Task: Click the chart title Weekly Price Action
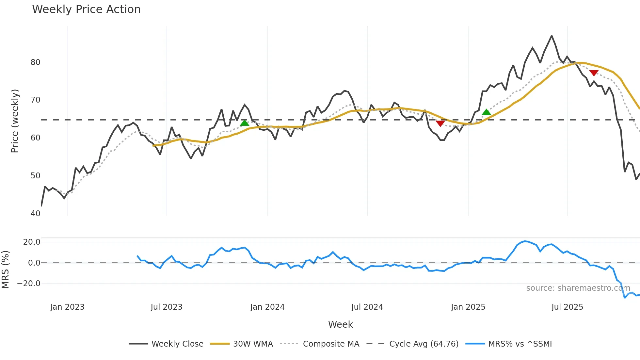86,9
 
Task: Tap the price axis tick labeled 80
35,62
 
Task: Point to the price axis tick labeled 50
35,176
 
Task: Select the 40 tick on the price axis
35,214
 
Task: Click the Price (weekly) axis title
15,121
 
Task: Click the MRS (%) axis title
5,270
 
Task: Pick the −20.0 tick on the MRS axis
29,284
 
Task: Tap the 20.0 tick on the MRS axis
32,242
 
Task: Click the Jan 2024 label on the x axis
267,307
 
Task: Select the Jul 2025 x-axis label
567,307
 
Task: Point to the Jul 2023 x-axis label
167,307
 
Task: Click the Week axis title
340,324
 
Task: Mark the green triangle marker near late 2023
245,123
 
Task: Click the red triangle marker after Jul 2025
594,73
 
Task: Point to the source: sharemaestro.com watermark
578,288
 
